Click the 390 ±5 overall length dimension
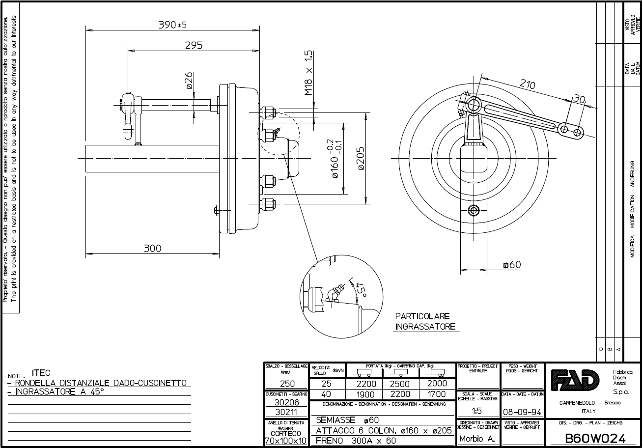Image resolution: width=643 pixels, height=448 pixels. pyautogui.click(x=172, y=25)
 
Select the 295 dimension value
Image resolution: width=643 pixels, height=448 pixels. pyautogui.click(x=194, y=45)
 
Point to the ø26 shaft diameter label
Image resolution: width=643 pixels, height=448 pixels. pyautogui.click(x=189, y=81)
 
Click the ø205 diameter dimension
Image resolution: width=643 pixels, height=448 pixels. pyautogui.click(x=360, y=158)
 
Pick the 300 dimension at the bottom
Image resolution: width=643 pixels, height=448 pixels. pyautogui.click(x=152, y=249)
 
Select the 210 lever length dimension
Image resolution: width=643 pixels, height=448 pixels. pyautogui.click(x=527, y=85)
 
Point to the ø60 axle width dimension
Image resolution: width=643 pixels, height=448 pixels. pyautogui.click(x=511, y=265)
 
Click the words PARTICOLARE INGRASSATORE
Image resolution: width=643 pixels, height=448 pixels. pyautogui.click(x=425, y=321)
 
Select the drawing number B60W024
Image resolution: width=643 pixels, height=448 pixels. pyautogui.click(x=595, y=438)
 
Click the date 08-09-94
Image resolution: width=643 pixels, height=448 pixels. pyautogui.click(x=522, y=411)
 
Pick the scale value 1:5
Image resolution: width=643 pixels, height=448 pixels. pyautogui.click(x=476, y=411)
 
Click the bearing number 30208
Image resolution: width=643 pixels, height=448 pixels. pyautogui.click(x=286, y=402)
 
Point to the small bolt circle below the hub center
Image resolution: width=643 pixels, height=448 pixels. pyautogui.click(x=474, y=210)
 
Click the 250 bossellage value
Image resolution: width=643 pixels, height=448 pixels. pyautogui.click(x=286, y=384)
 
